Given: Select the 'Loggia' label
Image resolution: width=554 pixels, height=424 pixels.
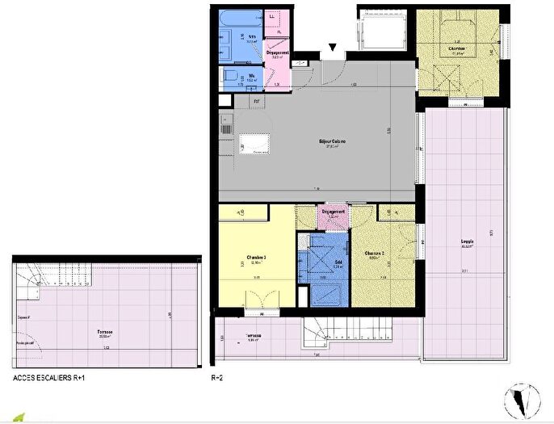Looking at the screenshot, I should (x=468, y=241).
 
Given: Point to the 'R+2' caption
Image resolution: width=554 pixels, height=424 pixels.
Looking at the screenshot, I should (x=216, y=377).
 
